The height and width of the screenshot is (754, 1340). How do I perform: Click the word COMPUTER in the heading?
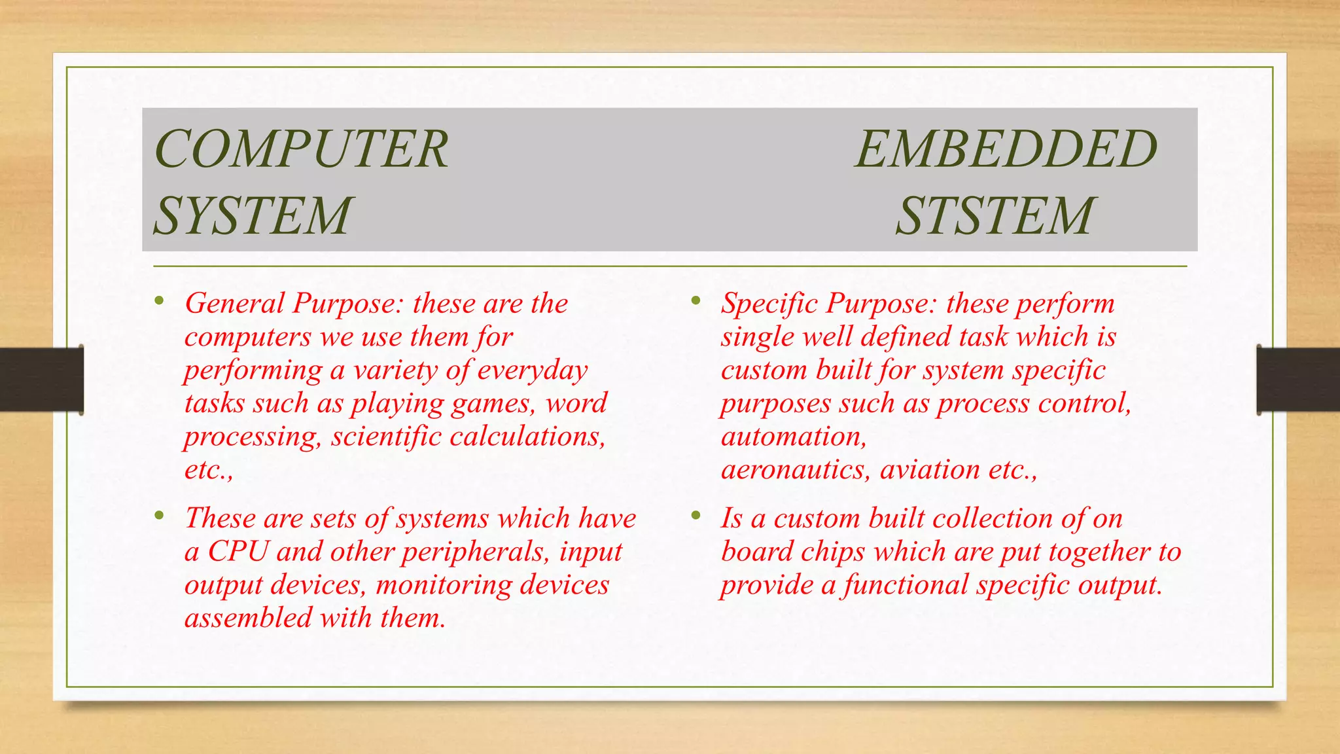pos(301,150)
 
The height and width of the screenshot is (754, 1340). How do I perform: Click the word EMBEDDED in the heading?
pos(1006,150)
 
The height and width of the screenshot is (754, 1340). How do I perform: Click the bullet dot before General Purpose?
pos(159,302)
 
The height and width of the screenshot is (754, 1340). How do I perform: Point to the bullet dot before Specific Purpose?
pos(696,302)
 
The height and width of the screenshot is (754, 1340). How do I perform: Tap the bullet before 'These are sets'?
pos(159,516)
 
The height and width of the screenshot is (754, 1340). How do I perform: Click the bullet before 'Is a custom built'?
pos(696,516)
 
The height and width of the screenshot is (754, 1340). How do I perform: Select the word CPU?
pos(238,552)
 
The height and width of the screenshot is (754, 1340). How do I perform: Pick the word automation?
pos(794,437)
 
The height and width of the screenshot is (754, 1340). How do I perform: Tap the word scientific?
pos(386,437)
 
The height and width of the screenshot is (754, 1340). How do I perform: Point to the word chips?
pos(833,552)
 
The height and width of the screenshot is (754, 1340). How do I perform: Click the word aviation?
pos(930,470)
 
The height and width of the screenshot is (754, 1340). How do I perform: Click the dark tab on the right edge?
pos(1298,380)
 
